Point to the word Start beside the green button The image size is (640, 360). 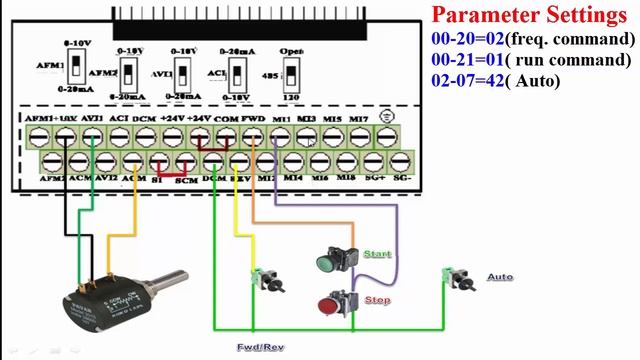point(377,255)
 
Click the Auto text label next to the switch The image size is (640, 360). point(499,277)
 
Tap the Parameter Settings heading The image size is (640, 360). point(528,15)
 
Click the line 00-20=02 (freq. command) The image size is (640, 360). point(532,39)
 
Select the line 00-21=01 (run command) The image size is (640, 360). point(532,60)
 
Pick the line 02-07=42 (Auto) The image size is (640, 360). point(496,80)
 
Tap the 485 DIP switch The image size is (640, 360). point(292,74)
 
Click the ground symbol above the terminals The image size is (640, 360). point(387,117)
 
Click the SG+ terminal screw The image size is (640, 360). point(374,159)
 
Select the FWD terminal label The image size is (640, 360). point(253,119)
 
